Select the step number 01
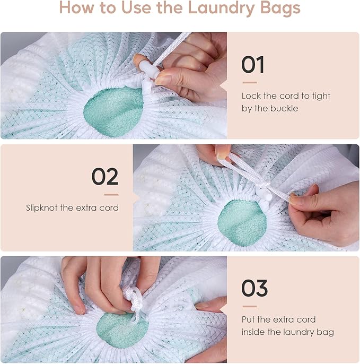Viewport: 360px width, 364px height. tap(252, 65)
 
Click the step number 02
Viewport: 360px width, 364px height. tap(104, 177)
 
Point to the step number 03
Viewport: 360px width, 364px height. tap(254, 289)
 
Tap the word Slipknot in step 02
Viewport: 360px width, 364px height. tap(42, 207)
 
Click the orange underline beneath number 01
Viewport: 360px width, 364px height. tap(249, 82)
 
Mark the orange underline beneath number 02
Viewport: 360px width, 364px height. tap(111, 194)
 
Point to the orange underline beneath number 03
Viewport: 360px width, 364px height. tap(249, 306)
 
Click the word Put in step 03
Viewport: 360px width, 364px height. tap(249, 319)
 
